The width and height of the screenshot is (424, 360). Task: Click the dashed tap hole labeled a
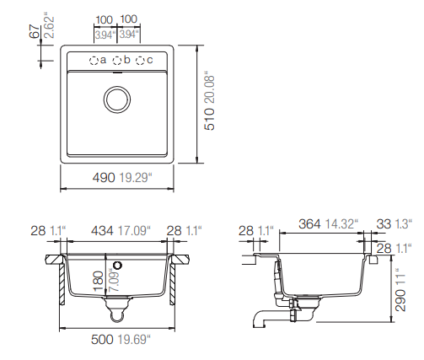pos(94,61)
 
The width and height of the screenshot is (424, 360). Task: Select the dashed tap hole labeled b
pos(117,61)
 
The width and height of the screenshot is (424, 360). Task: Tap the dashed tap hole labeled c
pos(140,61)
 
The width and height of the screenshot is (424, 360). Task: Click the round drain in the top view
pos(117,99)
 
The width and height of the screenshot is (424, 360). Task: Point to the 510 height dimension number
pos(210,120)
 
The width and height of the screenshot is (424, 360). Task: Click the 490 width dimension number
pos(104,178)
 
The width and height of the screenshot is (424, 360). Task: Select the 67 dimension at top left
pos(34,31)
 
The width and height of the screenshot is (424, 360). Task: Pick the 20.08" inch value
pos(210,89)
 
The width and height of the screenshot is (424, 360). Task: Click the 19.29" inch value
pos(136,178)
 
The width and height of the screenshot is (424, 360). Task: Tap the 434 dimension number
pos(102,231)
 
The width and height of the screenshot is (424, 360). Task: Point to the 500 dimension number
pos(102,340)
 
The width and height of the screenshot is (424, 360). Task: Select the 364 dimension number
pos(309,224)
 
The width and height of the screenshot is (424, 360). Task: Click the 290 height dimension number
pos(400,300)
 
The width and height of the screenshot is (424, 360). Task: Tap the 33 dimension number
pos(384,224)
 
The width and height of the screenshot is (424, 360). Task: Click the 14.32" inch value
pos(341,224)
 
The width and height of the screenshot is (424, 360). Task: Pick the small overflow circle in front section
pos(118,265)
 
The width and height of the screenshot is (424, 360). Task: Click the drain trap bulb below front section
pos(117,316)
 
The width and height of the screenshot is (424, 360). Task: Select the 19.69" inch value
pos(134,340)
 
